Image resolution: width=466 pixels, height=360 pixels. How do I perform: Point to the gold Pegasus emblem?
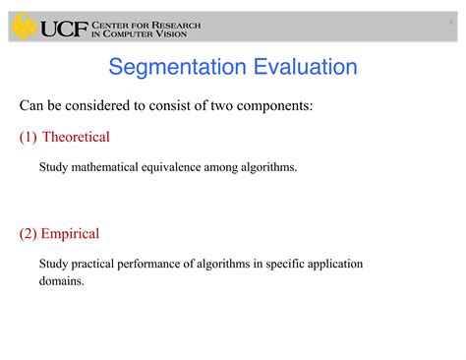pos(24,27)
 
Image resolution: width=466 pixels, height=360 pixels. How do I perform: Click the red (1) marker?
pos(28,137)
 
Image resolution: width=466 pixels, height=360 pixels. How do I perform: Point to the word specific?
pos(279,264)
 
